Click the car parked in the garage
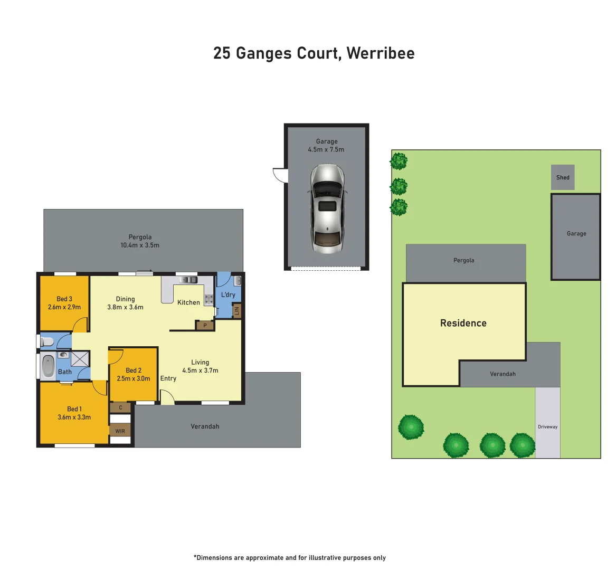(x=327, y=208)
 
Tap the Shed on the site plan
(x=563, y=177)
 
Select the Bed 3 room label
(x=64, y=299)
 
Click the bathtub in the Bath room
(x=48, y=366)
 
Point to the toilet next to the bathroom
(x=48, y=341)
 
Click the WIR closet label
(x=120, y=431)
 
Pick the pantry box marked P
(x=205, y=326)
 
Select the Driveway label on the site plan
(x=547, y=426)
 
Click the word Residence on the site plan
(x=463, y=323)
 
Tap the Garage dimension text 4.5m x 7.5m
(x=326, y=150)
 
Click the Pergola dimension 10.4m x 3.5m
(x=140, y=245)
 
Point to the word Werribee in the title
(x=381, y=53)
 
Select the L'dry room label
(x=228, y=294)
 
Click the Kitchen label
(x=188, y=302)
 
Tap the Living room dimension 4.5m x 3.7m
(x=200, y=370)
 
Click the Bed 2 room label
(x=134, y=370)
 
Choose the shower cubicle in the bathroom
(x=80, y=359)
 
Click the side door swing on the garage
(x=279, y=175)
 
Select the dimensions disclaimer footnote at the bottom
(x=290, y=557)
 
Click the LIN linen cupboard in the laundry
(x=236, y=311)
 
